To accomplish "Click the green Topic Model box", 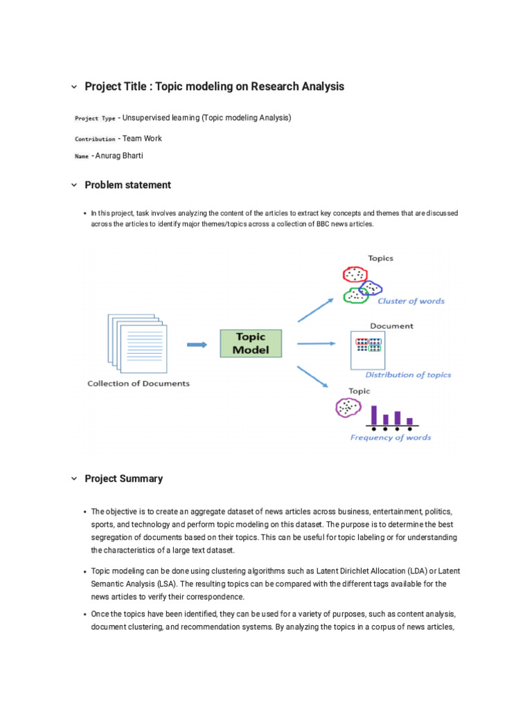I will (250, 343).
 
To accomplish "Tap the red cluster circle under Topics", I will (355, 275).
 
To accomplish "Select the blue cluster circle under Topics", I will (371, 287).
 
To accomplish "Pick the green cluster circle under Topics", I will (356, 296).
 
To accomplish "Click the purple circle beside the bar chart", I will (347, 408).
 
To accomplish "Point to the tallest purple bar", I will (374, 415).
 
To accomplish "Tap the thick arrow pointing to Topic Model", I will (197, 344).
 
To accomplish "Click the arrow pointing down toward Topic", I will (314, 378).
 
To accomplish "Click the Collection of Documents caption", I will (139, 384).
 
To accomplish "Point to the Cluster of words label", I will (411, 301).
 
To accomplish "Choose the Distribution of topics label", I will (408, 375).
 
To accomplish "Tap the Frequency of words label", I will (391, 438).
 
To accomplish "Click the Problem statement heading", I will (127, 185).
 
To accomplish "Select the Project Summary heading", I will (123, 478).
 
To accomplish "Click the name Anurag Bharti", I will (119, 156).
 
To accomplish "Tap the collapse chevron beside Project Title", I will (74, 87).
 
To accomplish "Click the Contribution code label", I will (95, 139).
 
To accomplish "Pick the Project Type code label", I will (95, 118).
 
